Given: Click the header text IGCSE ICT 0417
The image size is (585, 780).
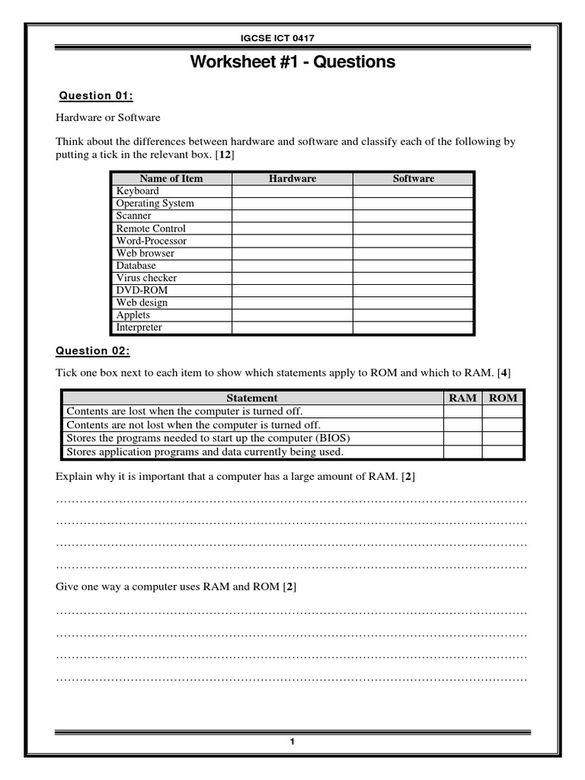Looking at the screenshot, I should (292, 39).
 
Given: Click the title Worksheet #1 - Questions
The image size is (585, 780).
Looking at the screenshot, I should (292, 62).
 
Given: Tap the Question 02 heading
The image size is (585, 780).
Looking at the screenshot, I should (93, 351).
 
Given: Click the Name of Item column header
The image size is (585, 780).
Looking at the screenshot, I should (171, 178).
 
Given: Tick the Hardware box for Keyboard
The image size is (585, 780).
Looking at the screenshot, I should (292, 191).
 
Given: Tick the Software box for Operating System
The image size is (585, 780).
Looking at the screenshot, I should (413, 203).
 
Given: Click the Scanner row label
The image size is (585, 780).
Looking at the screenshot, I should (133, 216).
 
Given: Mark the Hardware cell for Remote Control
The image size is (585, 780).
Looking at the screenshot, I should (292, 229).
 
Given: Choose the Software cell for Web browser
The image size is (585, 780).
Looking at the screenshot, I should (413, 253).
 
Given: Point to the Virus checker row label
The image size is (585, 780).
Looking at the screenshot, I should (146, 278).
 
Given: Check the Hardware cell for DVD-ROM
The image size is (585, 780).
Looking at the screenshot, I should (292, 290).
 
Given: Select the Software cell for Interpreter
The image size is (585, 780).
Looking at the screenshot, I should (413, 328).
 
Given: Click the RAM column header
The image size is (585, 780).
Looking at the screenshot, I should (462, 398).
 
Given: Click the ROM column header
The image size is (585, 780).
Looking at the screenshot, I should (503, 398).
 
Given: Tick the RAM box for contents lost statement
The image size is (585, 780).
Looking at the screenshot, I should (462, 411).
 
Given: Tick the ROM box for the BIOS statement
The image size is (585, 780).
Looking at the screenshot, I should (503, 438).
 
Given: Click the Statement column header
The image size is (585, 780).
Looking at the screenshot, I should (252, 398).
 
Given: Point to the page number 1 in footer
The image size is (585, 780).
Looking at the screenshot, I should (292, 743).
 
